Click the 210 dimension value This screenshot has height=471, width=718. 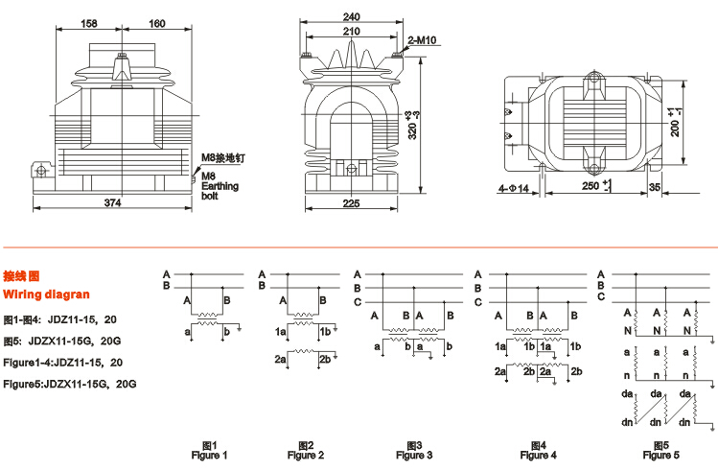[x=353, y=31]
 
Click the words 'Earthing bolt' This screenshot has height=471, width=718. [x=217, y=190]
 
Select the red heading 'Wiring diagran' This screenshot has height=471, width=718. [x=46, y=294]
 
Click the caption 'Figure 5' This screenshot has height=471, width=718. [x=660, y=455]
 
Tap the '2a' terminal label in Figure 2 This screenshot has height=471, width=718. [x=281, y=359]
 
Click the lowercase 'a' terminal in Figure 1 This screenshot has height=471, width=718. [x=188, y=331]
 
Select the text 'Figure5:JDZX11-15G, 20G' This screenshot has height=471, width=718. [x=70, y=384]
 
